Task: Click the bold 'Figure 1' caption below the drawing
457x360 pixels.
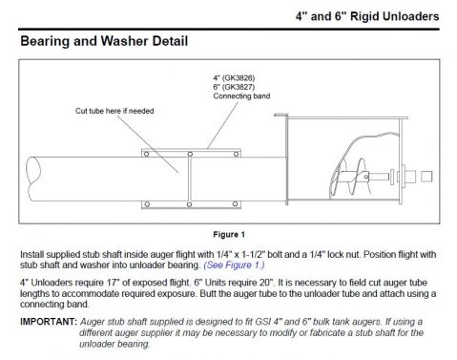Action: pyautogui.click(x=228, y=233)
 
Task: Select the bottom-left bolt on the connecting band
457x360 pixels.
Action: pyautogui.click(x=147, y=203)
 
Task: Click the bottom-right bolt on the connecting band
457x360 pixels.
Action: pyautogui.click(x=237, y=203)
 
